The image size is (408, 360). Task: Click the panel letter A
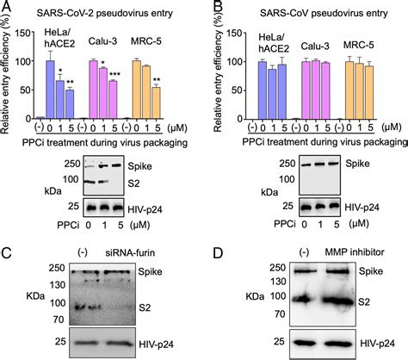[7, 8]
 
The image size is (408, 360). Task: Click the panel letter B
[212, 8]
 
